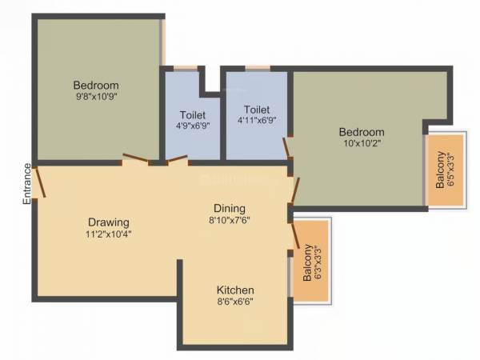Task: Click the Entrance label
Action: tap(26, 185)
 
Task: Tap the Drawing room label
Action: tap(109, 222)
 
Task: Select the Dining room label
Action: tap(230, 209)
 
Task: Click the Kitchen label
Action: tap(236, 290)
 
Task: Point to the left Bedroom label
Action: tap(96, 86)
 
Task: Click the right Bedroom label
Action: tap(361, 132)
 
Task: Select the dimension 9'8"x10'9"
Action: tap(96, 98)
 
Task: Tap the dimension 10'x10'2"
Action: tap(361, 145)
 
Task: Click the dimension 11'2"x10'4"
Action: tap(109, 234)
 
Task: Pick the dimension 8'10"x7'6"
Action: tap(230, 222)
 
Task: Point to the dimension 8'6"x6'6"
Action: tap(236, 302)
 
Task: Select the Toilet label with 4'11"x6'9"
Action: tap(258, 110)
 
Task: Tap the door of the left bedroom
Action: tap(134, 158)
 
